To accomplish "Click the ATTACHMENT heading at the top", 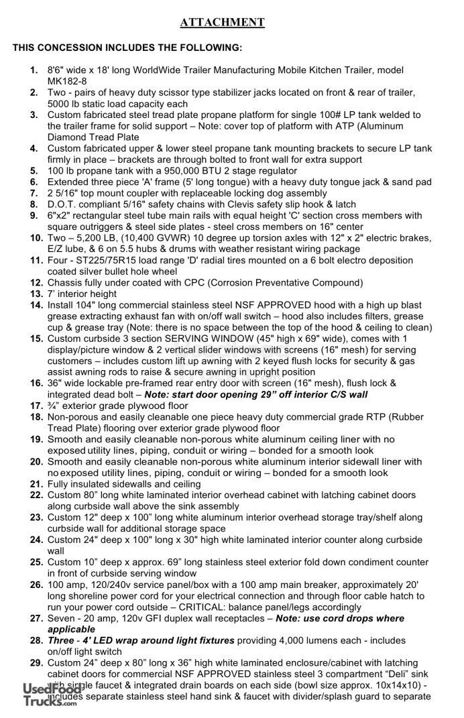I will pyautogui.click(x=222, y=23).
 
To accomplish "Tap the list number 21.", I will pyautogui.click(x=36, y=484).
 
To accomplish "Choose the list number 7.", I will pyautogui.click(x=36, y=193).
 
